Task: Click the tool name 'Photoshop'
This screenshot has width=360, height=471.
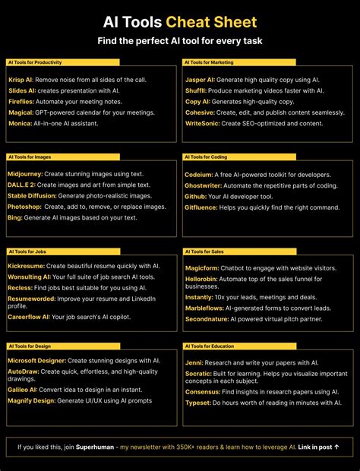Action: (x=25, y=206)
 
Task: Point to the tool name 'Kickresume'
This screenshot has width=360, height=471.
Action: (x=27, y=267)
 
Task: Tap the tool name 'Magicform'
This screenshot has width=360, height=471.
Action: (x=203, y=267)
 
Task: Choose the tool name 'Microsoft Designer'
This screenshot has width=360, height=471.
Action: (x=37, y=361)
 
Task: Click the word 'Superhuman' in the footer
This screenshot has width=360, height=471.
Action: (x=94, y=447)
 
